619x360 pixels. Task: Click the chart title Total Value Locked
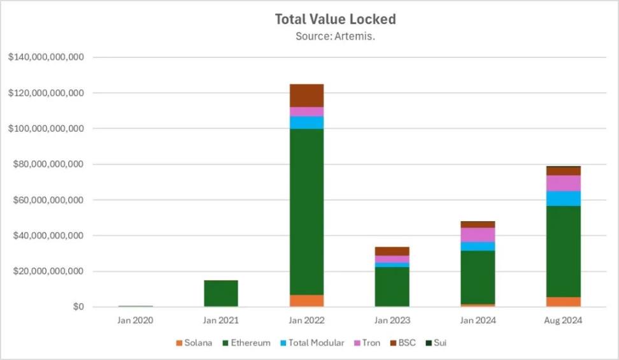[x=335, y=19]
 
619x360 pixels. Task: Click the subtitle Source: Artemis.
[x=335, y=36]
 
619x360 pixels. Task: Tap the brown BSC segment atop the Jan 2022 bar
[x=306, y=96]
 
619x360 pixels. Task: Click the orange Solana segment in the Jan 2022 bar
[x=306, y=301]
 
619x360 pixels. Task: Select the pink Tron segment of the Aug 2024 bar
[x=563, y=184]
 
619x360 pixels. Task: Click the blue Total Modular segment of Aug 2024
[x=563, y=199]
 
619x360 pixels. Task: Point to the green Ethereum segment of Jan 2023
[x=392, y=287]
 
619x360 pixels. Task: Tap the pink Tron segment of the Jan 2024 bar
[x=478, y=234]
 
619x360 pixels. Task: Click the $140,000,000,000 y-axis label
[x=46, y=57]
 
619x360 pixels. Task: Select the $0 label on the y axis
[x=77, y=307]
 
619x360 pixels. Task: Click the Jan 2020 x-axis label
[x=135, y=320]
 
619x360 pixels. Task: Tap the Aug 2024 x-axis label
[x=563, y=320]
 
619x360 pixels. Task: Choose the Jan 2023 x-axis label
[x=392, y=320]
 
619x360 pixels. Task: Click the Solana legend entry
[x=194, y=343]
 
